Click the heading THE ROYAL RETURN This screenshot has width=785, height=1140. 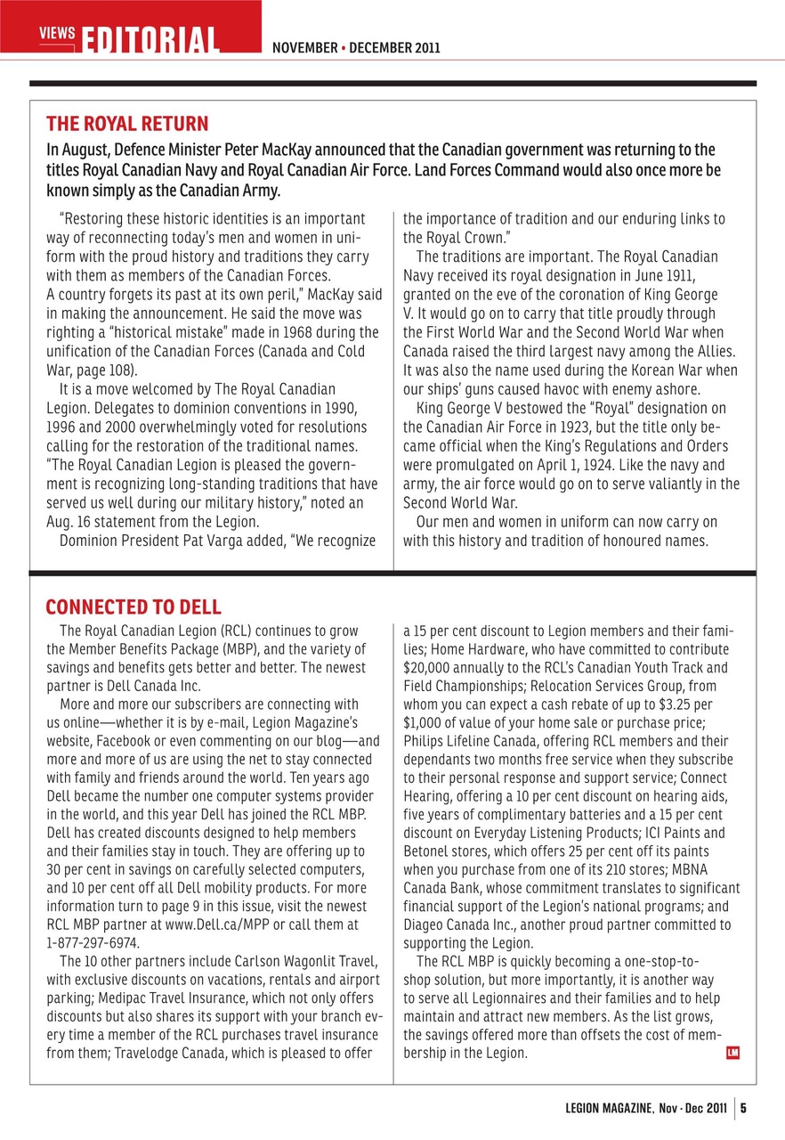click(x=127, y=124)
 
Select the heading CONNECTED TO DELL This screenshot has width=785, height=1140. click(x=134, y=607)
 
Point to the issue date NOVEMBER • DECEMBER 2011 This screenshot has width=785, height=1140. click(x=356, y=47)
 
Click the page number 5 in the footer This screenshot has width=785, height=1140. click(x=743, y=1109)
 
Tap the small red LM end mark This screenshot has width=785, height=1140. click(x=733, y=1054)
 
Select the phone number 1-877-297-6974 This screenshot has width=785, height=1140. click(x=93, y=941)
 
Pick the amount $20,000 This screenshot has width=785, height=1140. click(x=428, y=666)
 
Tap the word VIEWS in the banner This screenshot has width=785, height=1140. click(x=57, y=33)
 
